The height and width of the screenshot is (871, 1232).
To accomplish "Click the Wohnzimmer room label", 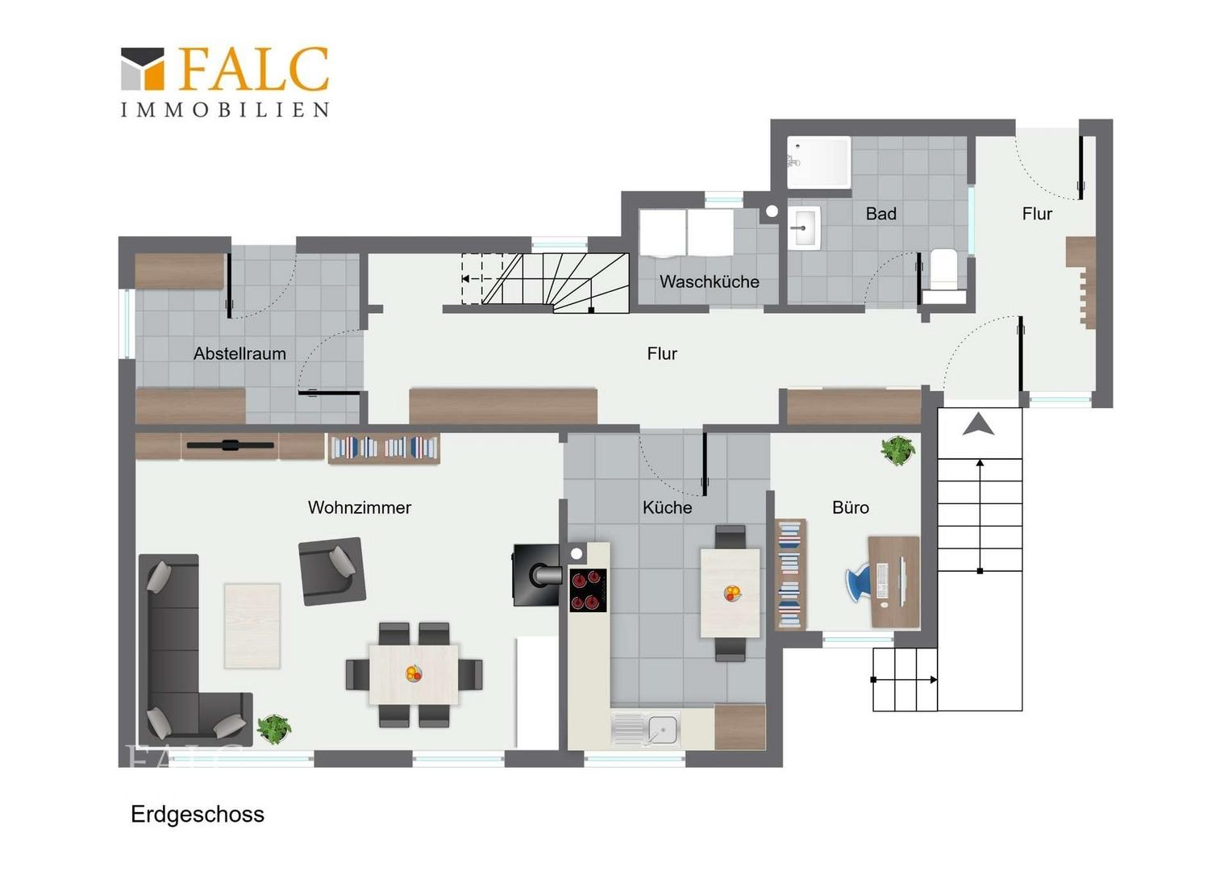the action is [359, 507].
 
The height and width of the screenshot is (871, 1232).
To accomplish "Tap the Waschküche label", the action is [709, 281].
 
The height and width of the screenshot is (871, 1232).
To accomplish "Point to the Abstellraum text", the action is [239, 353].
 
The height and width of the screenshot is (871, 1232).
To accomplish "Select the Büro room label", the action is [851, 507].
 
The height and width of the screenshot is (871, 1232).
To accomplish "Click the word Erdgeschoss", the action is [198, 815].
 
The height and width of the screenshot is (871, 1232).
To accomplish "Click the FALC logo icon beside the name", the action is [143, 69].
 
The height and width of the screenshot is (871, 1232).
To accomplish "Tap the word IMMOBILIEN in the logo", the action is [224, 110].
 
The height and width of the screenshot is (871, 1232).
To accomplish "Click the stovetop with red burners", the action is [588, 590].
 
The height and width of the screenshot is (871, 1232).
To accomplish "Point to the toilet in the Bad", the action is [944, 273].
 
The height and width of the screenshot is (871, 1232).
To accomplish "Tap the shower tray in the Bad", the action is [819, 162].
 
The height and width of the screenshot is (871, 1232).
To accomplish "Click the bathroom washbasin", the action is [804, 227].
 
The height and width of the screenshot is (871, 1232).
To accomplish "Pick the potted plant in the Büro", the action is [897, 450].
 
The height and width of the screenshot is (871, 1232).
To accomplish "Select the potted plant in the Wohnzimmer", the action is [274, 729].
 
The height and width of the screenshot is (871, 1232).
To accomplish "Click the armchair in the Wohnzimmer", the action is [331, 571].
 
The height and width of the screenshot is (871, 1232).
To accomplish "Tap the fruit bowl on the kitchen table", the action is [732, 593].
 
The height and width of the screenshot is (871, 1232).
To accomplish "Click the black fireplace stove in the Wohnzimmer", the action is [537, 575].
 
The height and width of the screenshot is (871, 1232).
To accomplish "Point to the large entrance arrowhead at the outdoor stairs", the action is [978, 425].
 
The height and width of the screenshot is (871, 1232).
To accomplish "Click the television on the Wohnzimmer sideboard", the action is [231, 445].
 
